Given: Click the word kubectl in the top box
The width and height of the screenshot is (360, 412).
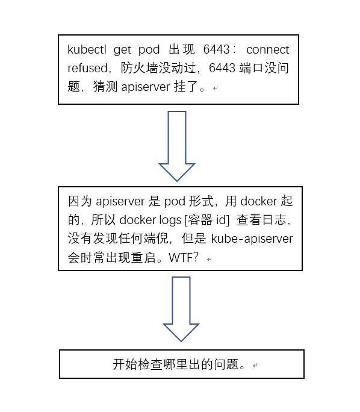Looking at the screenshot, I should point(85,49).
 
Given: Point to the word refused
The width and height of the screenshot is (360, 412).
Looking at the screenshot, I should point(88,68).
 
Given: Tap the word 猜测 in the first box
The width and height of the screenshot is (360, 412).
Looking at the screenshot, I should point(105,87).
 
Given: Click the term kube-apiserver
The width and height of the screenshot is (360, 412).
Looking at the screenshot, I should point(252,239).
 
